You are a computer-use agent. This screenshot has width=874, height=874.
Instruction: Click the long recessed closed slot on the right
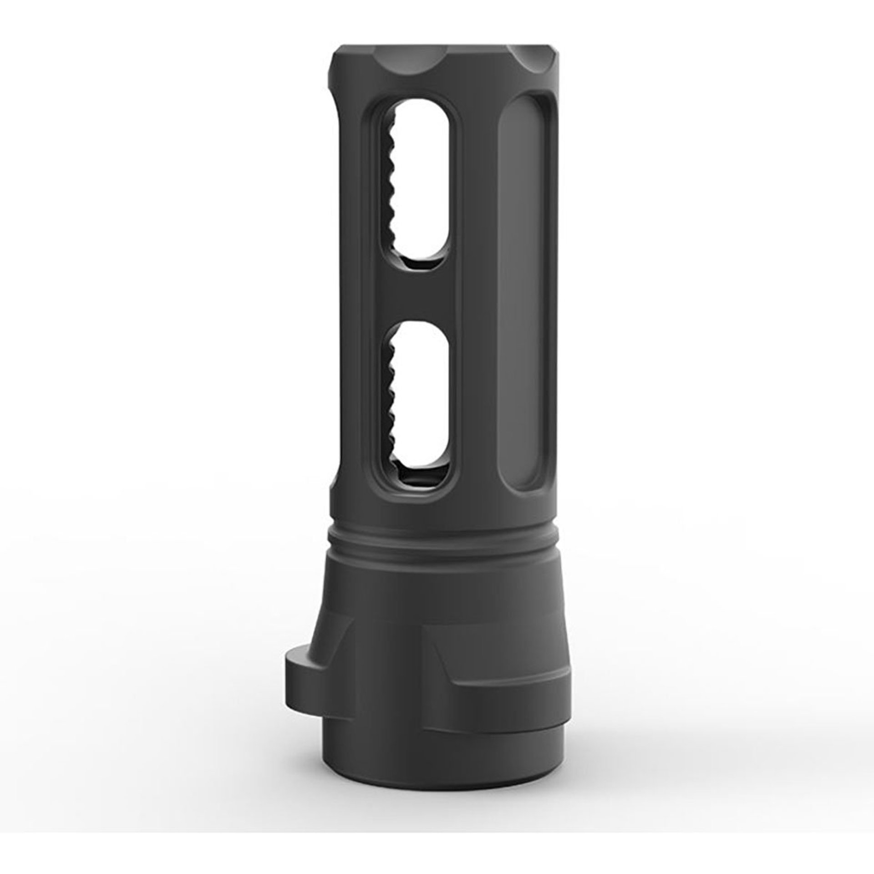[x=528, y=291]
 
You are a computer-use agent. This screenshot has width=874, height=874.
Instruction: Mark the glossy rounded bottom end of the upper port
[x=421, y=263]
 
